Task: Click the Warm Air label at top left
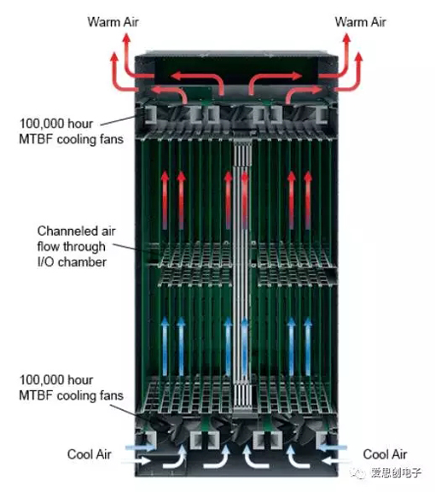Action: [113, 22]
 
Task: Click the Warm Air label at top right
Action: [361, 22]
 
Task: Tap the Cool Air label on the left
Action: [90, 454]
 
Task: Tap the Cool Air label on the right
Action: [385, 454]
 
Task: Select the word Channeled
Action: [67, 231]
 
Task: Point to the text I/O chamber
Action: [72, 262]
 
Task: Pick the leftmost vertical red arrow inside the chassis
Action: [165, 200]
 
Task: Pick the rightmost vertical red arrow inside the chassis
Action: [308, 200]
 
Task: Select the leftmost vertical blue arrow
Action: [165, 347]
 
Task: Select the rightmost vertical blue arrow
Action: [308, 347]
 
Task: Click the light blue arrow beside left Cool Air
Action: [141, 448]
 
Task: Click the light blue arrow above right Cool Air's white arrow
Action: [333, 448]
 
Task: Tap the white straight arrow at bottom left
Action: [137, 461]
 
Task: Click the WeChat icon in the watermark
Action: [358, 472]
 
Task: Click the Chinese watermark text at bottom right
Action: [396, 472]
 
